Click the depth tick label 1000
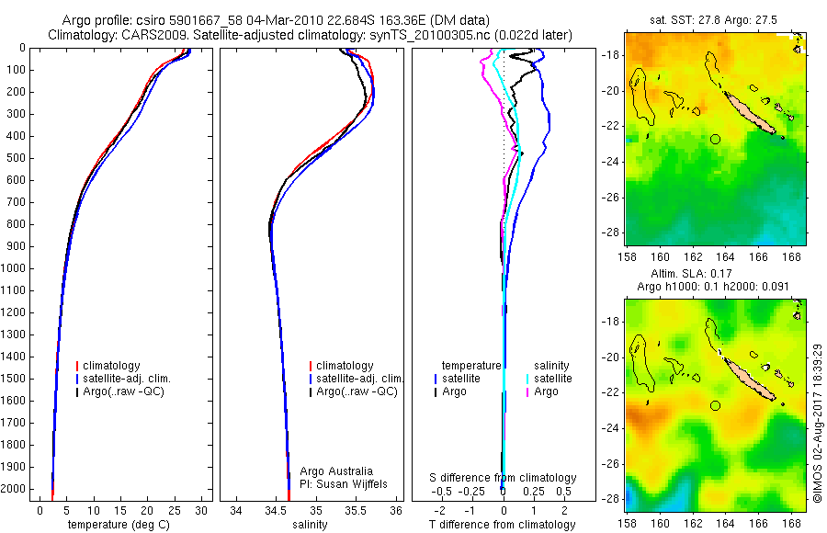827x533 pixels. (15, 268)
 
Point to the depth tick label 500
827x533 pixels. (17, 158)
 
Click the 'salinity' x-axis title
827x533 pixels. (311, 525)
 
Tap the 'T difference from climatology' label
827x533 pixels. (503, 525)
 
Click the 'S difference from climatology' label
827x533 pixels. (503, 478)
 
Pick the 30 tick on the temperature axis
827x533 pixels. (201, 510)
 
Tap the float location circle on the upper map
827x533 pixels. (715, 139)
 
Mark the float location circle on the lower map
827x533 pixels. (715, 405)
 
